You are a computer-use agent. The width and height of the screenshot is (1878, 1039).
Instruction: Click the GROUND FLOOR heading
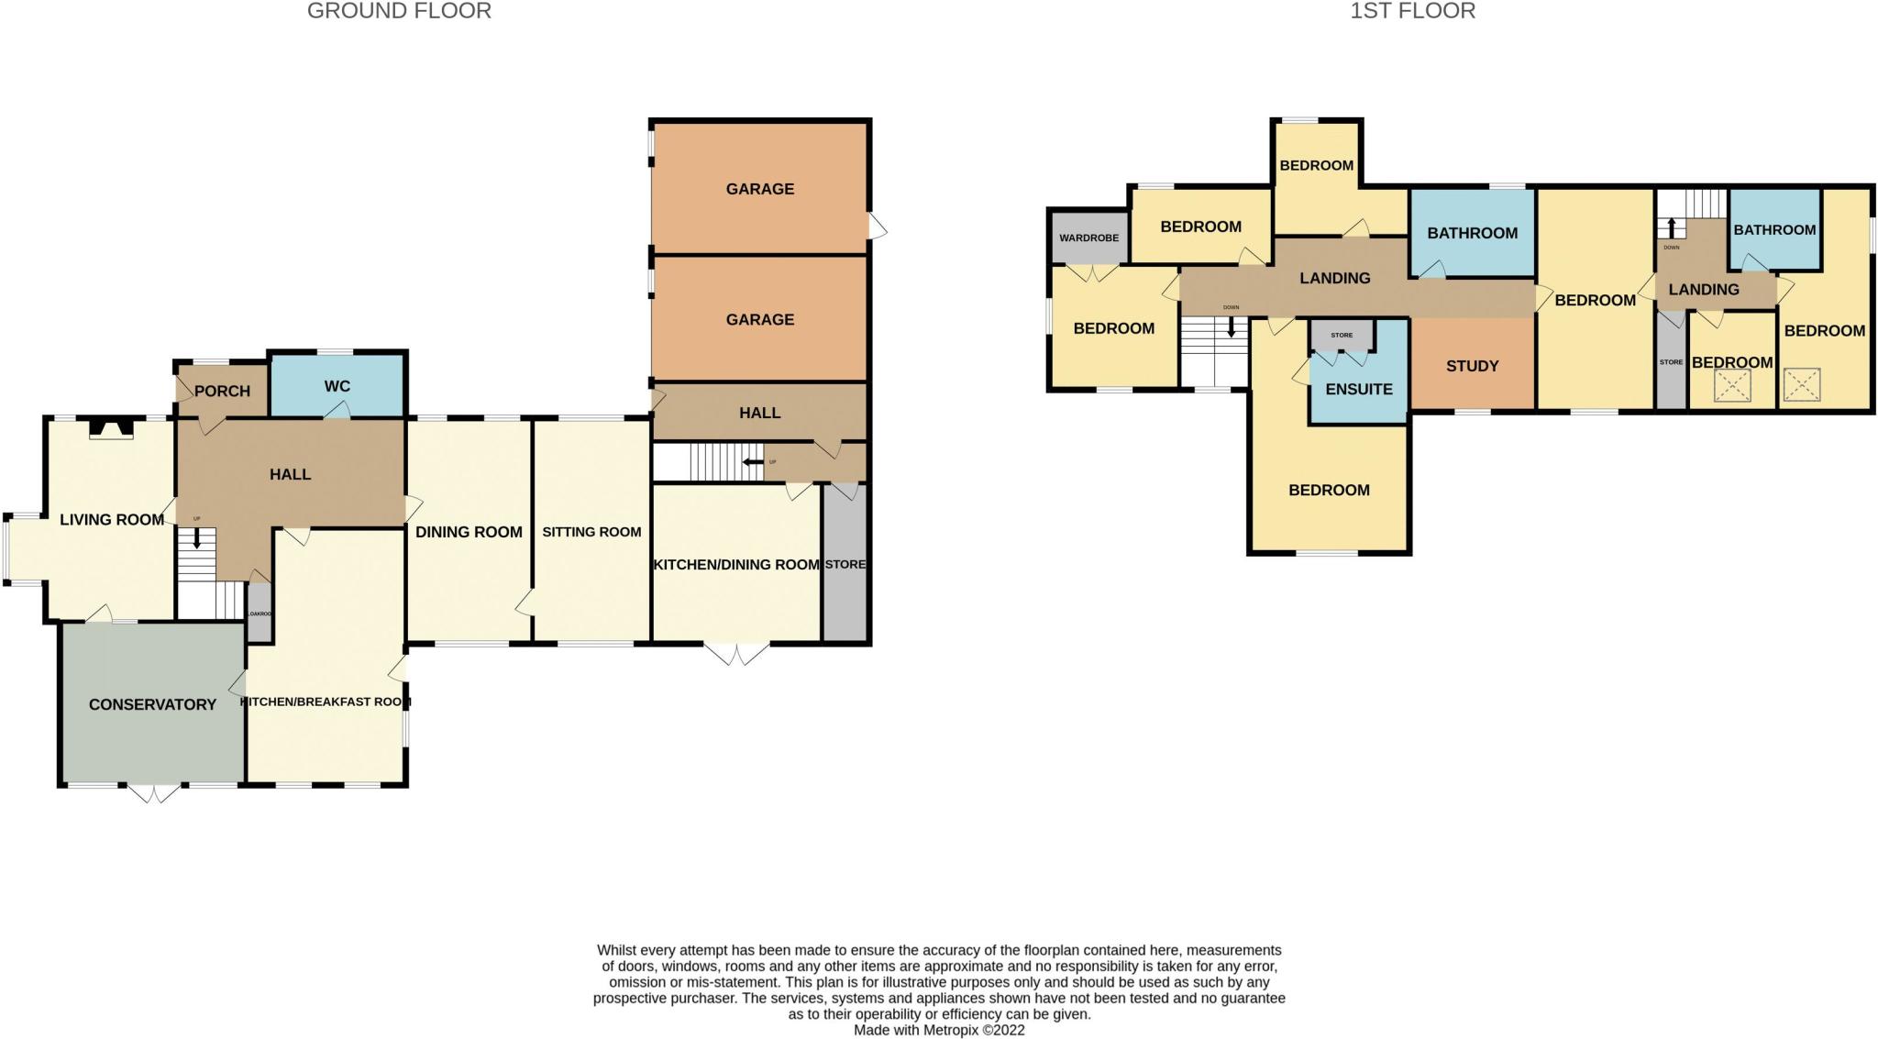click(399, 11)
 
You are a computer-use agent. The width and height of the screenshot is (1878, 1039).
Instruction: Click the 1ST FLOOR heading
click(1412, 11)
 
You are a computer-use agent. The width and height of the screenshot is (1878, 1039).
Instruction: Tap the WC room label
click(337, 386)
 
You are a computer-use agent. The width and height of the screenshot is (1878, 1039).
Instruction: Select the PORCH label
click(222, 391)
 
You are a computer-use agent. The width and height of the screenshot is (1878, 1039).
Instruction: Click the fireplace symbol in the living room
click(111, 428)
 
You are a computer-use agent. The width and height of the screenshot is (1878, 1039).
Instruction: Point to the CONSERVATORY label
click(152, 704)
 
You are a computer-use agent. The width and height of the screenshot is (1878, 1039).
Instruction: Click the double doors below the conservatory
click(153, 793)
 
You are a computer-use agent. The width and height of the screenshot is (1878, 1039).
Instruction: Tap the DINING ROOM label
click(469, 532)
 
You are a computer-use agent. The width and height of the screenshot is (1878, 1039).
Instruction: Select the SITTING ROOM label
click(591, 532)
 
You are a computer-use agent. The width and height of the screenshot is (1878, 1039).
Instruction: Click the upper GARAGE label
click(759, 189)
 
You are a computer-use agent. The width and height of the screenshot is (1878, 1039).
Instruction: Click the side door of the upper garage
click(878, 226)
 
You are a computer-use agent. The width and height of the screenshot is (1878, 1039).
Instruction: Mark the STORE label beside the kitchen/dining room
click(845, 564)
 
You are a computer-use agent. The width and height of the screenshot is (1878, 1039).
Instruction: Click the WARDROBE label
click(1088, 238)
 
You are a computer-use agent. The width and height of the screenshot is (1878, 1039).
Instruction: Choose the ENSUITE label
click(1358, 389)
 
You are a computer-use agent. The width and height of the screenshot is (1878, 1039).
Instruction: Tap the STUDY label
click(1472, 366)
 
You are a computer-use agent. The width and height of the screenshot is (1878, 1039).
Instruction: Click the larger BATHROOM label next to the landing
click(1472, 233)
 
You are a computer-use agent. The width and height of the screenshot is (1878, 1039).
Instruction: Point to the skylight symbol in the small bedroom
click(1731, 386)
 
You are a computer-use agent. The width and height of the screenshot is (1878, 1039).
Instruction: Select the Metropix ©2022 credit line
click(939, 1030)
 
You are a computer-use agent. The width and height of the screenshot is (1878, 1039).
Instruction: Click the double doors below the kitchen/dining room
click(737, 654)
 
